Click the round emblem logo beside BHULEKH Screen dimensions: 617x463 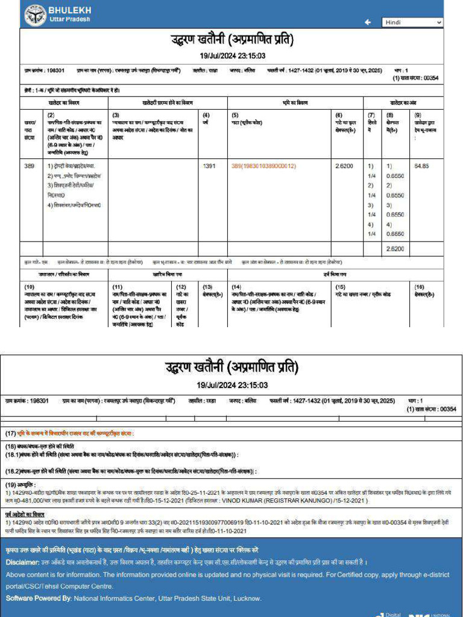click(36, 14)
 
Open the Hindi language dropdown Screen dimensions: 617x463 click(412, 22)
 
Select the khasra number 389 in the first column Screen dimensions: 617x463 click(29, 166)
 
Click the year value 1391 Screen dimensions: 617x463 click(209, 166)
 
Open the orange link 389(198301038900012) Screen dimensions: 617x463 click(263, 166)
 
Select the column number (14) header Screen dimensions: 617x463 click(236, 287)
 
